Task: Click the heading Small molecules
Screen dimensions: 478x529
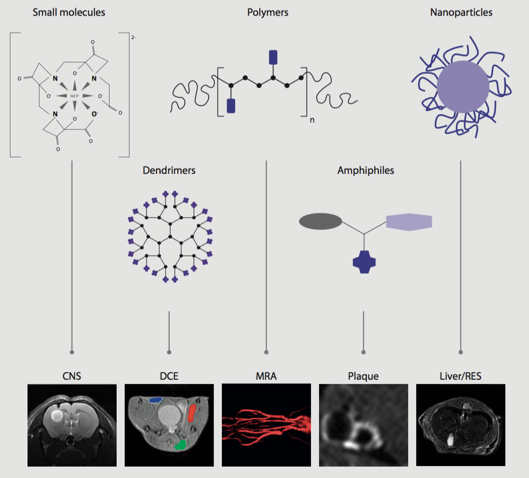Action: click(69, 12)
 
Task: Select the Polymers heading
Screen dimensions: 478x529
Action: click(268, 12)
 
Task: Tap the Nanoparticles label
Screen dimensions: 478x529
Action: click(461, 12)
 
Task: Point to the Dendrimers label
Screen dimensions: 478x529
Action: click(169, 170)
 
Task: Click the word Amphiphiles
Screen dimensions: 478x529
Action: click(365, 170)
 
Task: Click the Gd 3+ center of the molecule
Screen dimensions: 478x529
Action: click(74, 96)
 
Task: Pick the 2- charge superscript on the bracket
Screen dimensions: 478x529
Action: click(134, 36)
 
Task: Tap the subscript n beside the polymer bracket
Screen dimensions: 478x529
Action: click(312, 120)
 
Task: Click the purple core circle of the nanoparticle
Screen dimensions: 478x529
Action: click(463, 87)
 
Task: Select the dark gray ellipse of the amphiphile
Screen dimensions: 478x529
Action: click(320, 221)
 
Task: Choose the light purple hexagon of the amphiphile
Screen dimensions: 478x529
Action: click(409, 221)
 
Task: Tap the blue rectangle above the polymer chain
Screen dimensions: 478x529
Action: click(273, 56)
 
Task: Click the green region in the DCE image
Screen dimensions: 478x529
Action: click(180, 444)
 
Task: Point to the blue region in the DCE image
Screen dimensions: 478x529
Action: click(155, 400)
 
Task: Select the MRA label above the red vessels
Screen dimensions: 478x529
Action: click(266, 377)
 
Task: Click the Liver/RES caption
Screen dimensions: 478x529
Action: click(460, 377)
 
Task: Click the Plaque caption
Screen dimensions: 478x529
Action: click(363, 377)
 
